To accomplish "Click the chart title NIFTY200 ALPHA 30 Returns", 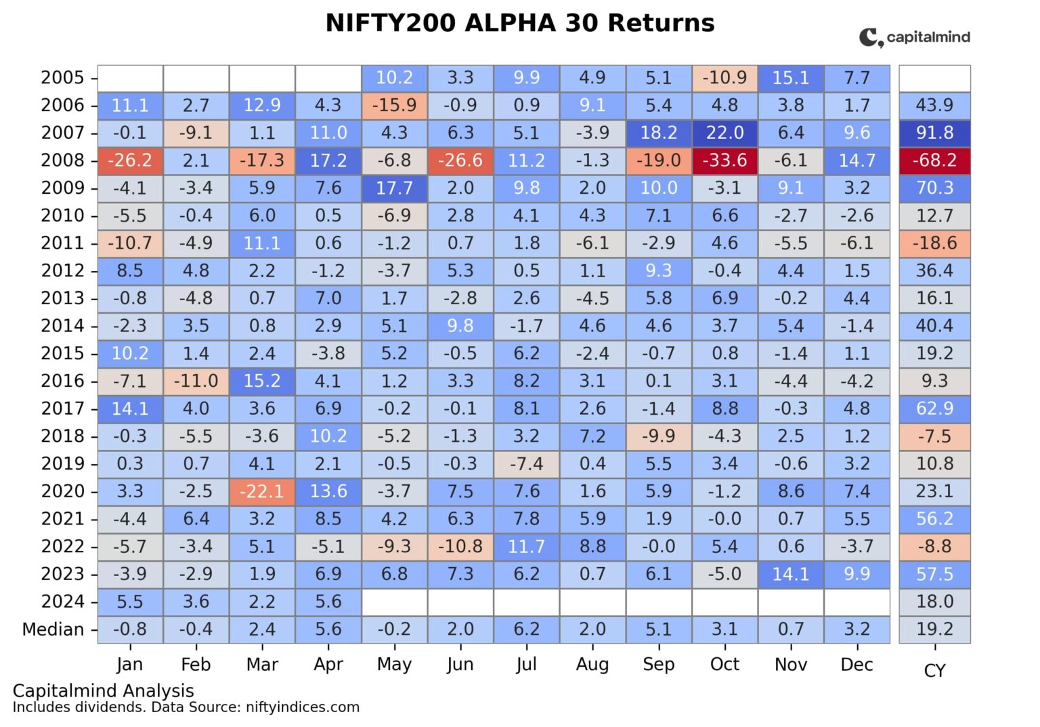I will pos(519,23).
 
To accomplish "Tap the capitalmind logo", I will pos(914,37).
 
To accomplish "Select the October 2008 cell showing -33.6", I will pos(724,161).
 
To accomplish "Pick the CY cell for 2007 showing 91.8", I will pos(934,133).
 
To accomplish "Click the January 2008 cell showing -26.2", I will pos(130,161).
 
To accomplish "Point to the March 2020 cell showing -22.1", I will pos(262,491).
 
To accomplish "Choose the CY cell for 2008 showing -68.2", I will pos(934,161).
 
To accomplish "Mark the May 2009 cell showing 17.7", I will pos(394,188).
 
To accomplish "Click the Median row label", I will pos(53,629).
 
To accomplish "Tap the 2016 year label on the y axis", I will pos(62,381).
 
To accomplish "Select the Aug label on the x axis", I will pos(592,665).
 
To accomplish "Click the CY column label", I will pos(934,671).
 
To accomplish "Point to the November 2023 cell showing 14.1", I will pos(791,575).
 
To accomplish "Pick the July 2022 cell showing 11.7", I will pos(526,547).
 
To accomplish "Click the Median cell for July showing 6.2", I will pos(526,629).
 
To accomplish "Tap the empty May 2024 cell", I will pos(394,602).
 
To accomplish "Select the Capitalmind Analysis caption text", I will pos(103,690).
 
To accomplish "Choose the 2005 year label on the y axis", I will pos(62,78).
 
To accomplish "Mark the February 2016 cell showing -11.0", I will pos(196,381).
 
